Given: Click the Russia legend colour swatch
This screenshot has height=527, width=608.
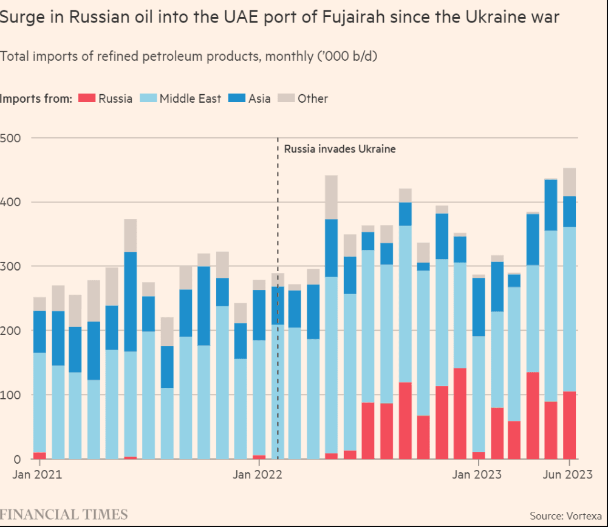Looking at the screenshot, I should [x=87, y=98].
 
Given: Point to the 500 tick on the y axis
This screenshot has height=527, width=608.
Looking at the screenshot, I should [x=12, y=138].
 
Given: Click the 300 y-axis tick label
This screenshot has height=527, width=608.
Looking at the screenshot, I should [x=12, y=266].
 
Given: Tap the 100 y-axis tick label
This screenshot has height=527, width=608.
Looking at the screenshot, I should [x=12, y=395].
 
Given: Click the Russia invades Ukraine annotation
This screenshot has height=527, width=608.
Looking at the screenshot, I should [x=340, y=149].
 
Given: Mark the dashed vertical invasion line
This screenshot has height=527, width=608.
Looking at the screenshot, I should [x=278, y=304].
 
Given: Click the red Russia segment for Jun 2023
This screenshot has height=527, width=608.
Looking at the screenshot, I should [x=569, y=425].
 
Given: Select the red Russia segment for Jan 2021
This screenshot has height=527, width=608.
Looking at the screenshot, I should [x=39, y=456].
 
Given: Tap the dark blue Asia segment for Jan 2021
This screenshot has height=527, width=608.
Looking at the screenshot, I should [x=39, y=332].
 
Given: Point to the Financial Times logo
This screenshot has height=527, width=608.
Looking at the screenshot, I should [x=64, y=514].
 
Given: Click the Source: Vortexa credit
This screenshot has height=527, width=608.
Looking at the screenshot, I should [x=565, y=515].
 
